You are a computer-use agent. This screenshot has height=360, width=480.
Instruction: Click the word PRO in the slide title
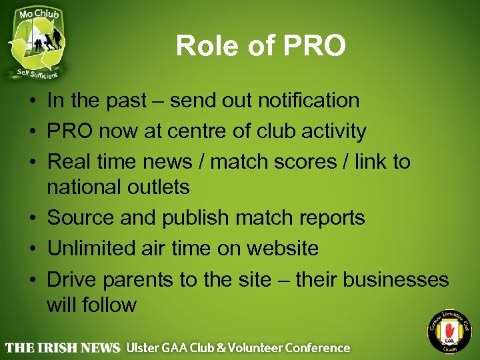pos(315,46)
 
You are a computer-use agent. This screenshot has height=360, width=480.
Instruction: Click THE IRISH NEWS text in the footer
pos(63,347)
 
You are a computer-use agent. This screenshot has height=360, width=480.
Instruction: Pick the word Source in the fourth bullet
pos(78,218)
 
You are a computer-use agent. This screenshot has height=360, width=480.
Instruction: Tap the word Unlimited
pos(91,249)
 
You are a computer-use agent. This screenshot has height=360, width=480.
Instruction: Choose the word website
pos(283,249)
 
